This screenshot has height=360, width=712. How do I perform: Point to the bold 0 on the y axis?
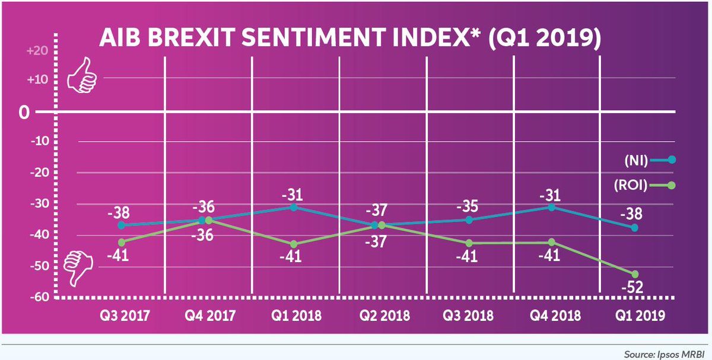click(24, 111)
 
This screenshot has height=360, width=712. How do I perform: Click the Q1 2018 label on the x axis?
click(295, 315)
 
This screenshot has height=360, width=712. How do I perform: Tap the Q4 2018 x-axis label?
click(553, 315)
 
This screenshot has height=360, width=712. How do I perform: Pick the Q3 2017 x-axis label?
click(124, 315)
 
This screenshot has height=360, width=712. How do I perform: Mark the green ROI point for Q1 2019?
click(635, 274)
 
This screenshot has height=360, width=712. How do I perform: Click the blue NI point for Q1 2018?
click(294, 207)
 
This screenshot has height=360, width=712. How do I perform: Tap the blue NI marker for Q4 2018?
click(552, 207)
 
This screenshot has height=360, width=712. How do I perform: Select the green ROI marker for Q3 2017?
click(122, 242)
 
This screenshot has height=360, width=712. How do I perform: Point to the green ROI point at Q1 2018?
click(294, 244)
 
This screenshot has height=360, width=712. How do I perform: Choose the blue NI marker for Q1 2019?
click(635, 228)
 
